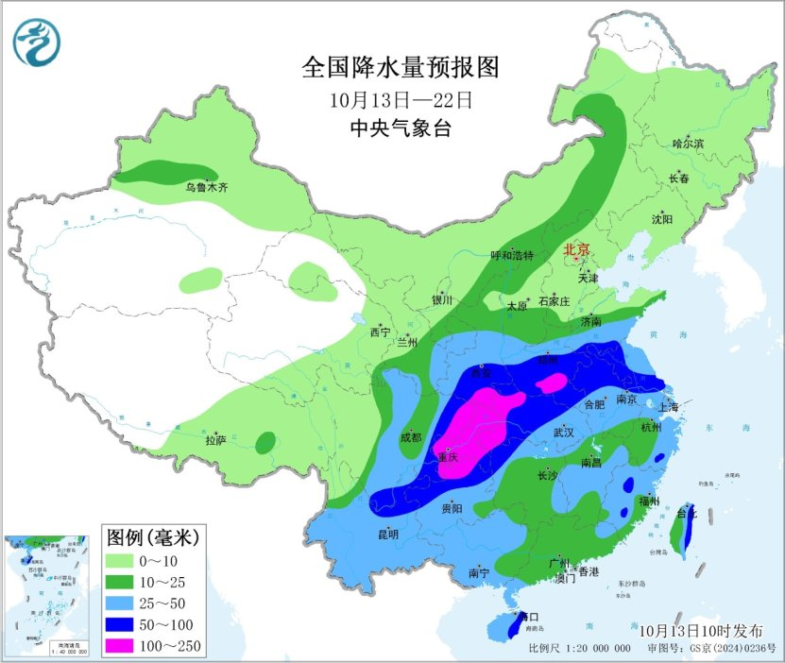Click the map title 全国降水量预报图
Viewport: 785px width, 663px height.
(x=400, y=68)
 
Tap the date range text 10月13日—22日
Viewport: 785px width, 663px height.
(x=400, y=98)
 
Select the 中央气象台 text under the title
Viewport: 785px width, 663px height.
(x=400, y=128)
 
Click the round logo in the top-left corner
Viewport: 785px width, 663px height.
(x=36, y=42)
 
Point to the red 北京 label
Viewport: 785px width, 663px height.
(x=576, y=250)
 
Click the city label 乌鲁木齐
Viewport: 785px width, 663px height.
(x=206, y=188)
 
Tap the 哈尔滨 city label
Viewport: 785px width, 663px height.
(x=688, y=144)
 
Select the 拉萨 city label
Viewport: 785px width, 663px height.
(x=215, y=439)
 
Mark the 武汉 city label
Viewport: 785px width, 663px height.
(x=564, y=432)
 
